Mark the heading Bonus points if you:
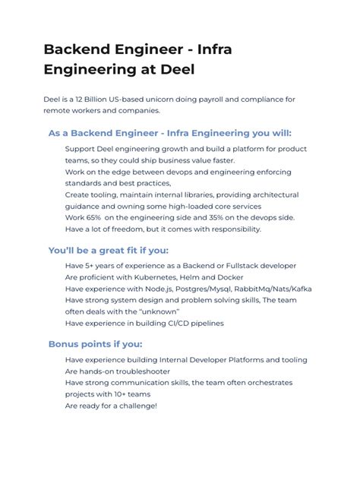click(95, 344)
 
